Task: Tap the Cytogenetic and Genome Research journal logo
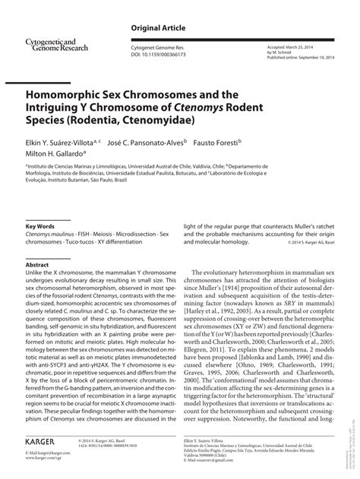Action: (53, 45)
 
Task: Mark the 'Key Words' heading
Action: (39, 226)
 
